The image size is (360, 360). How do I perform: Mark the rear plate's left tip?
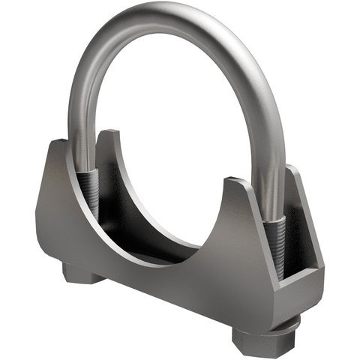(x=109, y=135)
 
